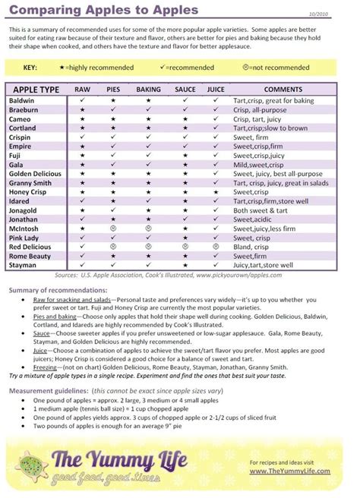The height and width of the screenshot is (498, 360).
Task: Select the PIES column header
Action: (113, 90)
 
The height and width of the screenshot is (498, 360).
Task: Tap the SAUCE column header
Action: (185, 90)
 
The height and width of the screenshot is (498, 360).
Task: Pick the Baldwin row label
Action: (22, 100)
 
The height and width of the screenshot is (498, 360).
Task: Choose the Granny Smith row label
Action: (31, 183)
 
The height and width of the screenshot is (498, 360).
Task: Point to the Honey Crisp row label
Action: (30, 192)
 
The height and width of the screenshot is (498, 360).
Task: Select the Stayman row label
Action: (24, 266)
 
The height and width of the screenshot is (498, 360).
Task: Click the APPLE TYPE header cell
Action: (37, 90)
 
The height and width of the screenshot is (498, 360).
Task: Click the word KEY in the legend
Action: (30, 68)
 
